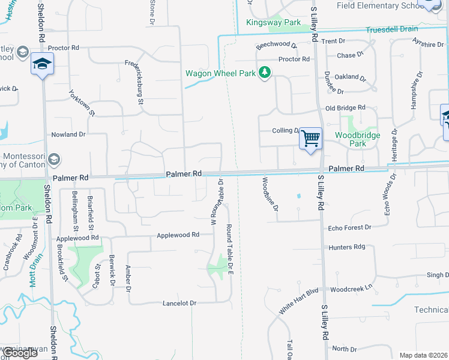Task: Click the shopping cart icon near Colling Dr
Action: [x=310, y=139]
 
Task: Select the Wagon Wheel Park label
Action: [x=220, y=73]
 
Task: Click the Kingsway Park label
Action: [x=273, y=22]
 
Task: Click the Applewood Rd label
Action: [x=178, y=235]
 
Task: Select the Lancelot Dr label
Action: [x=179, y=304]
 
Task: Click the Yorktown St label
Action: [x=82, y=103]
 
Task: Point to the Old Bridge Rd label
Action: [x=345, y=107]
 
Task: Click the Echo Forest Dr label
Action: [x=350, y=228]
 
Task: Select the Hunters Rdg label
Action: [x=347, y=247]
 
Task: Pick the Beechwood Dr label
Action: [x=277, y=45]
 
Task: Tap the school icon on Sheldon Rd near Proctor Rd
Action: [x=42, y=64]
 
